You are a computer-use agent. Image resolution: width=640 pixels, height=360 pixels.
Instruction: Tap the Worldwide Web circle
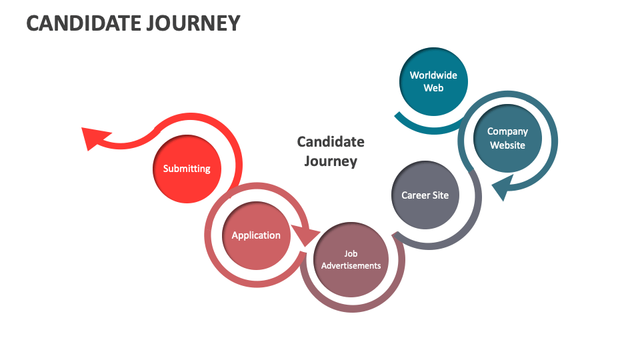click(x=433, y=81)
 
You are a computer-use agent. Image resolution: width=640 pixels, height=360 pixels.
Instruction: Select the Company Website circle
click(x=507, y=139)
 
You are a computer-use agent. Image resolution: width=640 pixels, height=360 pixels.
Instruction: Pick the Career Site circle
click(x=425, y=195)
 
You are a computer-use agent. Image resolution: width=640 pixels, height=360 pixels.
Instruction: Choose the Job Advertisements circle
click(x=351, y=259)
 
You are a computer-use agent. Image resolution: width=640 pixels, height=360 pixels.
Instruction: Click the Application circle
click(x=256, y=235)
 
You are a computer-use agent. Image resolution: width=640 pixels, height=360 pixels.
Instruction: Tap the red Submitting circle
click(x=187, y=169)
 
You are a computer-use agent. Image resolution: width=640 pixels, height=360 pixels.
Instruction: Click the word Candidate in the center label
click(x=331, y=141)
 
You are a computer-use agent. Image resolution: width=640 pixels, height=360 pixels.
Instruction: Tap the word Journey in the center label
click(x=331, y=161)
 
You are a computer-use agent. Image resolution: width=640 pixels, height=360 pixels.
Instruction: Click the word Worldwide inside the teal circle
click(x=433, y=75)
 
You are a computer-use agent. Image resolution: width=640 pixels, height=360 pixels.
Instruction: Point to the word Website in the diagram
click(x=507, y=145)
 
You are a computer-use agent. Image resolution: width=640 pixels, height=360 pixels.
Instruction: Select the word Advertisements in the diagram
click(x=351, y=265)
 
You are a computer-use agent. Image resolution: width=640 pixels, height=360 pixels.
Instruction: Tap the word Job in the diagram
click(x=351, y=253)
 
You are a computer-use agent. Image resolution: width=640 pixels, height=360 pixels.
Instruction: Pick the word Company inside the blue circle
click(x=507, y=131)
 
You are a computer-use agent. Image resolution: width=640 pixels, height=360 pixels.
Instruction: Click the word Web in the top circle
click(x=433, y=88)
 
